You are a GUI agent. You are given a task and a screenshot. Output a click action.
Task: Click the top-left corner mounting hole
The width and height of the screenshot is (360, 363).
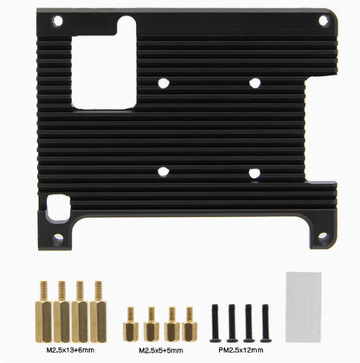pyautogui.click(x=58, y=21)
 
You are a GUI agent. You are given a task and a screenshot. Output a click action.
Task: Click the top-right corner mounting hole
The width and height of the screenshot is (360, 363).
pyautogui.click(x=324, y=21)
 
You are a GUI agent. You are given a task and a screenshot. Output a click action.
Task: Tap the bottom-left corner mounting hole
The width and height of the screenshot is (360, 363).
pyautogui.click(x=58, y=238)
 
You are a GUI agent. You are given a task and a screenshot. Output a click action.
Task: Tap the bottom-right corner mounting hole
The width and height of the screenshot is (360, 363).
pyautogui.click(x=323, y=236)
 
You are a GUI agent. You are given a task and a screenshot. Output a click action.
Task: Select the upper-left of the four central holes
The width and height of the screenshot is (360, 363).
pyautogui.click(x=164, y=83)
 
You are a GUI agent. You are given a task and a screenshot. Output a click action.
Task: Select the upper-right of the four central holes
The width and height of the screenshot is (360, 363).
pyautogui.click(x=254, y=83)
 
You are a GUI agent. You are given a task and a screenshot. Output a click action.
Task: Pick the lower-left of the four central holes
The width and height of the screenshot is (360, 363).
pyautogui.click(x=164, y=171)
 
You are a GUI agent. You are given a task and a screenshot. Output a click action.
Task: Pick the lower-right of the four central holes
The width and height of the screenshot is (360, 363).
pyautogui.click(x=254, y=173)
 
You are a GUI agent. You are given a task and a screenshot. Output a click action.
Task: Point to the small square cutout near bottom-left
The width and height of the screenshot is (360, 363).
pyautogui.click(x=58, y=207)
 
